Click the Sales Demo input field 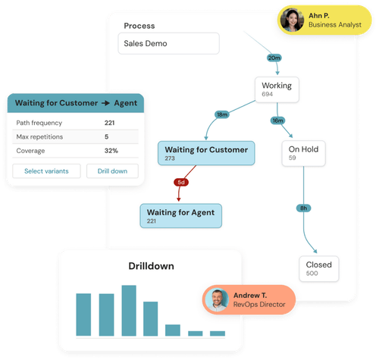(x=168, y=43)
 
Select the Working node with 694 (x=276, y=89)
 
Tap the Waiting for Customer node (x=206, y=153)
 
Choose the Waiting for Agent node (x=182, y=215)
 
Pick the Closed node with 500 (x=319, y=268)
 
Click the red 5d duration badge (x=181, y=183)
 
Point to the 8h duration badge (x=302, y=208)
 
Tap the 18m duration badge (x=221, y=114)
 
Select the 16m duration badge (x=277, y=120)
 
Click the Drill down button (x=112, y=171)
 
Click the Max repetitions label (x=41, y=136)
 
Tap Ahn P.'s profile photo (x=292, y=20)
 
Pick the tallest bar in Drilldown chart (x=129, y=310)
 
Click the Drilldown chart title (x=150, y=266)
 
